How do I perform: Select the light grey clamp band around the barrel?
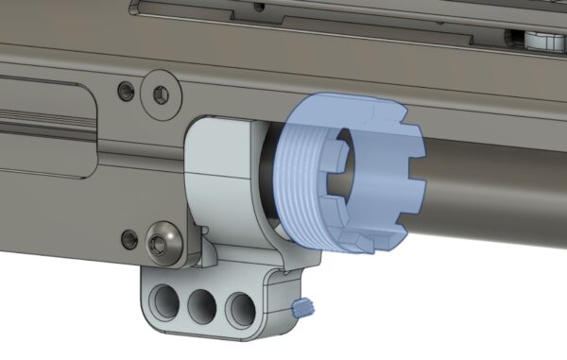coord(227,180)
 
